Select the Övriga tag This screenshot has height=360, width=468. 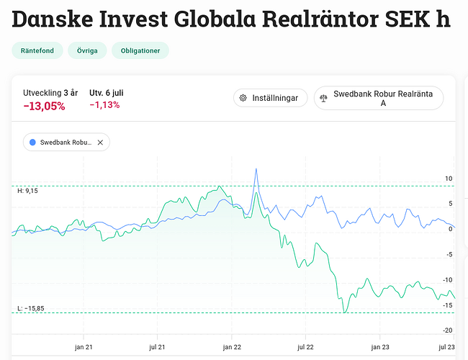(87, 50)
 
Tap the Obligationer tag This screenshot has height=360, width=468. (142, 50)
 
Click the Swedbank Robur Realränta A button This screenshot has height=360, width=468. (378, 98)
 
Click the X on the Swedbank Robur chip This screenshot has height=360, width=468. (100, 143)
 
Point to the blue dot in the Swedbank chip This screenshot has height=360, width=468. (32, 143)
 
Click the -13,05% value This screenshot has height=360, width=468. (44, 107)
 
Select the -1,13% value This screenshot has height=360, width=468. (104, 105)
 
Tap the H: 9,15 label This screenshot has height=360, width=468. (27, 191)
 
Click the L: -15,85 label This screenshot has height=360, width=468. (30, 309)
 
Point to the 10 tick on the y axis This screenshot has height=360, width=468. (448, 179)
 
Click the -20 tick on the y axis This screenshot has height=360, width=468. (447, 330)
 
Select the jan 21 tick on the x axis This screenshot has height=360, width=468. (85, 346)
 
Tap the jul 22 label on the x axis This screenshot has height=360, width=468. (306, 346)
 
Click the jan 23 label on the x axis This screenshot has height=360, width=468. (380, 346)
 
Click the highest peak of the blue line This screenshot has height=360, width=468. (256, 169)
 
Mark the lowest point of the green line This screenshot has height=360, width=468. (345, 312)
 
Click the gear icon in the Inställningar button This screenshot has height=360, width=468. (243, 98)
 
